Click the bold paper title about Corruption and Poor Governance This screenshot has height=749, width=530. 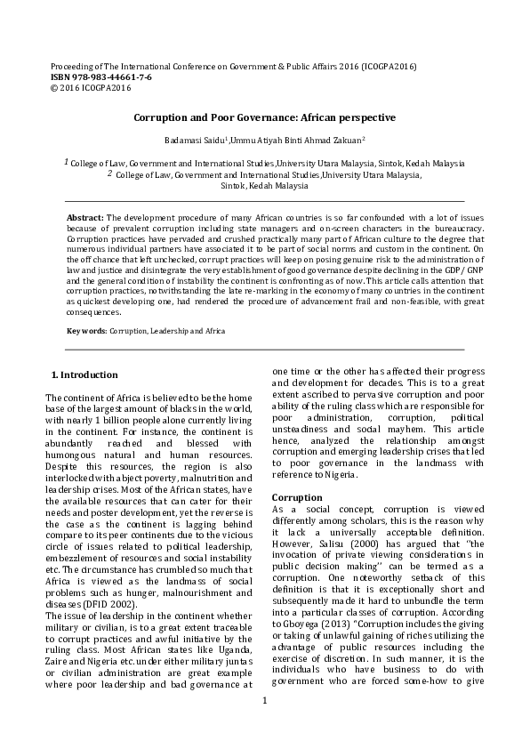(x=264, y=117)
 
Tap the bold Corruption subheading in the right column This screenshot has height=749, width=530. (x=297, y=496)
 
